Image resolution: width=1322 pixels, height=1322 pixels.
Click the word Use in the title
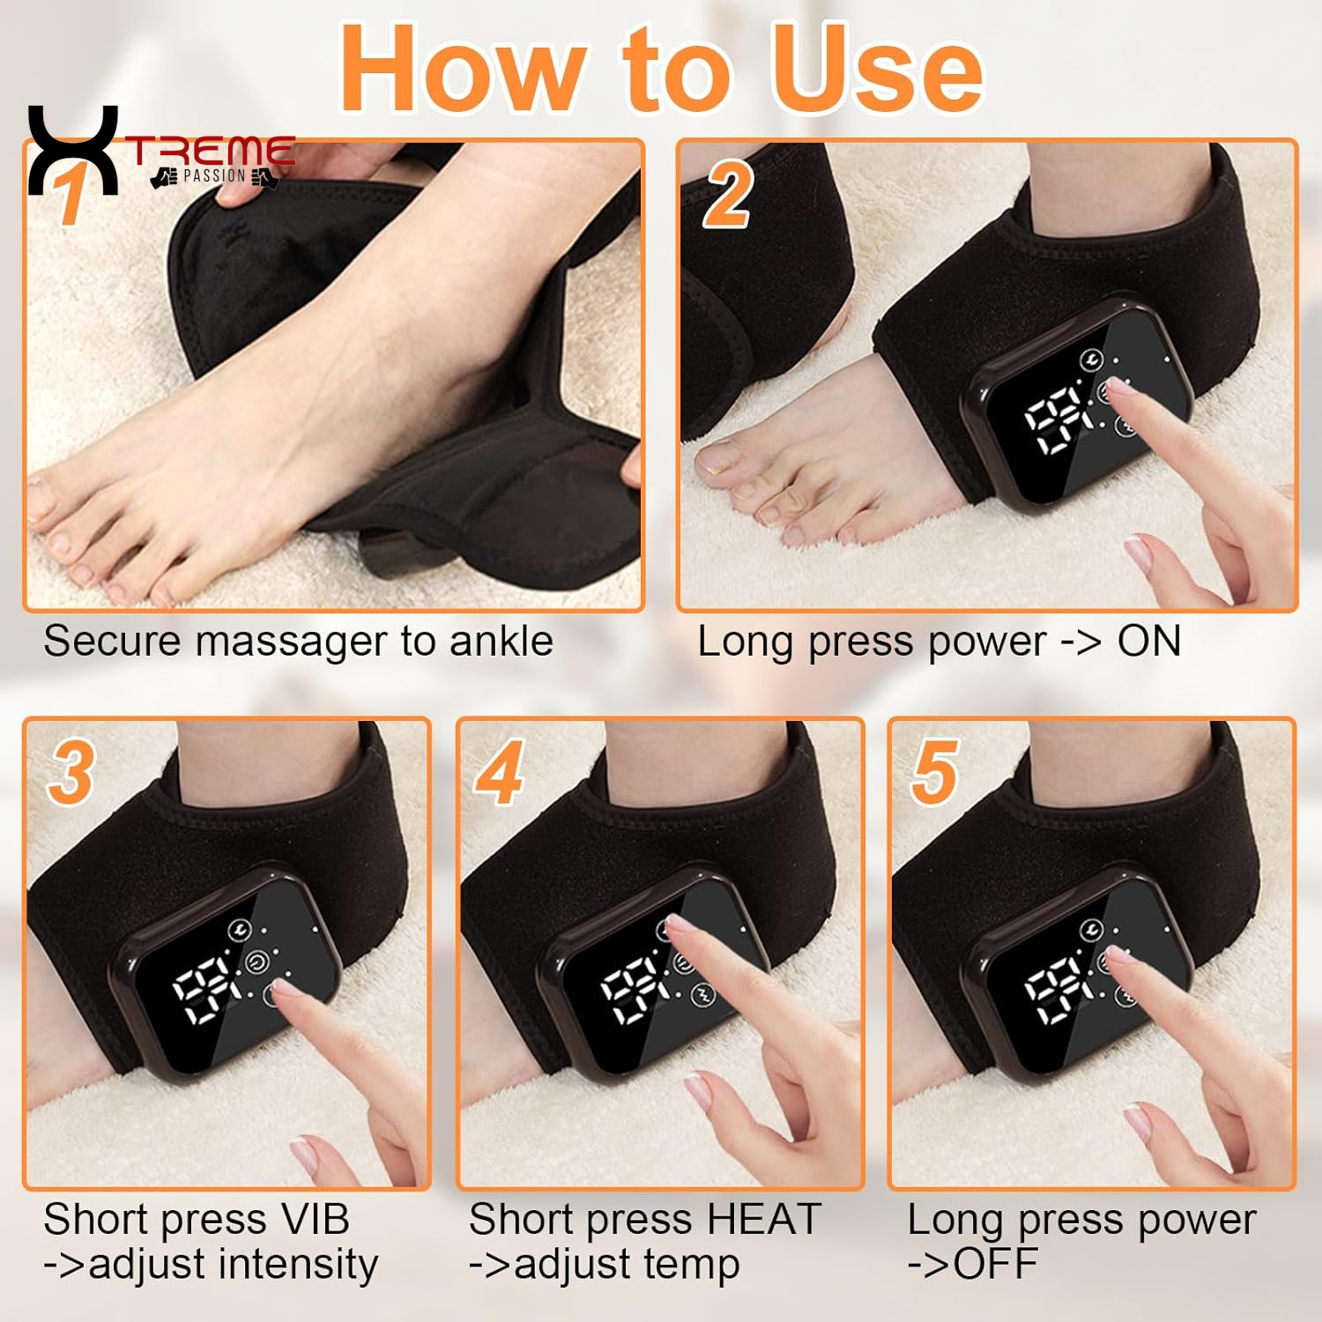(x=877, y=69)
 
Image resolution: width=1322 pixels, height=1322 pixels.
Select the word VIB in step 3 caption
(x=315, y=1220)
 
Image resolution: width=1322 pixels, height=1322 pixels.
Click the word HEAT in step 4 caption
(x=763, y=1220)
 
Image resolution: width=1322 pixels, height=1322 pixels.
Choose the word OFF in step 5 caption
(x=996, y=1264)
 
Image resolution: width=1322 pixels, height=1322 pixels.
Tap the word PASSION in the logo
(x=214, y=176)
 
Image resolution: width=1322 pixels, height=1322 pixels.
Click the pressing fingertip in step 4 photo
(x=674, y=925)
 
